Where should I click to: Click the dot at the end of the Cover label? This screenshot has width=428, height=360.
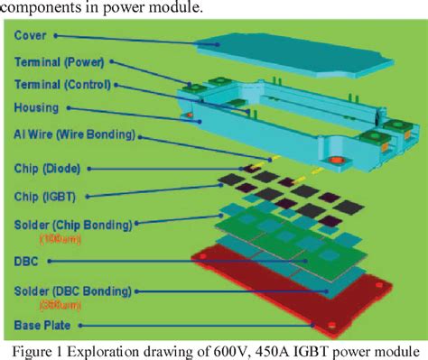(56, 37)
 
